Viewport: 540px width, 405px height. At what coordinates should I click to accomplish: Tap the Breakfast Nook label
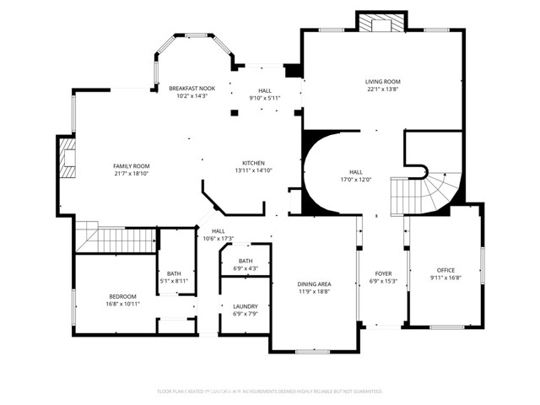[192, 89]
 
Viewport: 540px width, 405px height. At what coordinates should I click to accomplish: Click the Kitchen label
[254, 163]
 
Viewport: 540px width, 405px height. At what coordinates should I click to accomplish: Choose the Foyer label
[383, 273]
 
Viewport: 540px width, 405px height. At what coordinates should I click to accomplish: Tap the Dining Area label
[313, 284]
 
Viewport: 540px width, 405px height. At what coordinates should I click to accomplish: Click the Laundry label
[245, 306]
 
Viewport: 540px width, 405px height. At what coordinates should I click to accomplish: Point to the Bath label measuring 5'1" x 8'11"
[174, 273]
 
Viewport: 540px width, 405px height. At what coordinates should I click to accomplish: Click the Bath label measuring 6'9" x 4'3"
[246, 261]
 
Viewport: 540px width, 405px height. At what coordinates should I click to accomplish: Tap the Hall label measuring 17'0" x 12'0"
[355, 171]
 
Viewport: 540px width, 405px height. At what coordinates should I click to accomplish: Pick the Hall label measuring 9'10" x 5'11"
[265, 90]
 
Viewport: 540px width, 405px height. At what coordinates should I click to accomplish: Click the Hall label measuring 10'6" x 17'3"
[218, 231]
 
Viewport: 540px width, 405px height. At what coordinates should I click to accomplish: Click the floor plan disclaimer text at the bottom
[270, 391]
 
